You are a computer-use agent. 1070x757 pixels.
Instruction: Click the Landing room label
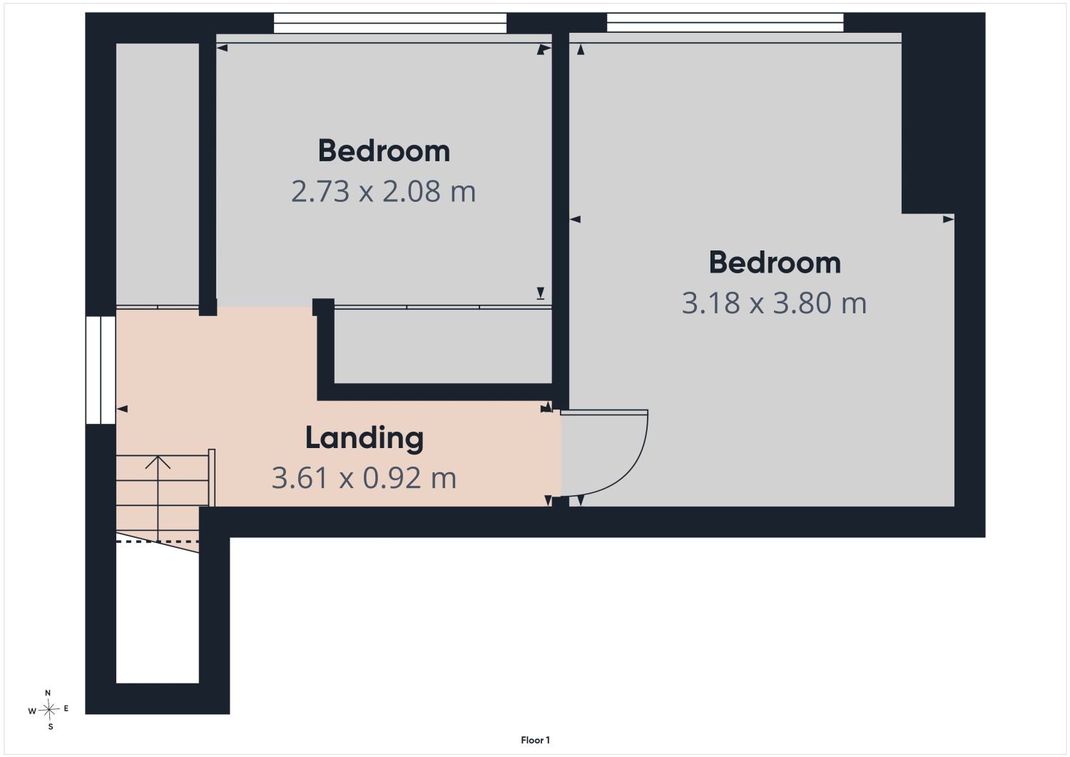point(364,438)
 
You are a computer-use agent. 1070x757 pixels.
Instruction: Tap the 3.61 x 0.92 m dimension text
point(364,478)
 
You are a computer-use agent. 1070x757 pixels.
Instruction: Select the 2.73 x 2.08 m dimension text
point(384,191)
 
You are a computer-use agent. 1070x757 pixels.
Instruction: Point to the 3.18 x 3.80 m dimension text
point(774,303)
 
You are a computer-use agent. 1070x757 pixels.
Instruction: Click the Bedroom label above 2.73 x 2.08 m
point(384,151)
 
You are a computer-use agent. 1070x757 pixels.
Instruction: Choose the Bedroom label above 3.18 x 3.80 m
point(774,263)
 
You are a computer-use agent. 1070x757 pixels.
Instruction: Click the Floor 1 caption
point(535,741)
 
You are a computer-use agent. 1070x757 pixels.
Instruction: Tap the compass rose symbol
point(49,710)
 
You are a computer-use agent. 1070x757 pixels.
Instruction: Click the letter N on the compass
point(48,693)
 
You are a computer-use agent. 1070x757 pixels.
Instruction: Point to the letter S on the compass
point(50,727)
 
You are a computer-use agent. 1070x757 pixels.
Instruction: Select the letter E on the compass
point(66,708)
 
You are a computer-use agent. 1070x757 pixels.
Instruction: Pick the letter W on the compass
point(32,711)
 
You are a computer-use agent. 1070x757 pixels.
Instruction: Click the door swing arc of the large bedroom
point(631,473)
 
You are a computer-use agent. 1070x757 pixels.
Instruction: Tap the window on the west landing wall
point(101,370)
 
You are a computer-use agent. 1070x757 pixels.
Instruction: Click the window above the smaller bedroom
point(389,24)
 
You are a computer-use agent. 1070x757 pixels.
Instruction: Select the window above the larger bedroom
point(725,22)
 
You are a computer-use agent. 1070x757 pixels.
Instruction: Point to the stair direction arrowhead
point(158,462)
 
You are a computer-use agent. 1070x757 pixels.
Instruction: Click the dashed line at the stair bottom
point(158,542)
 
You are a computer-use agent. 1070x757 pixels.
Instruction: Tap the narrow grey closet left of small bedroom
point(158,174)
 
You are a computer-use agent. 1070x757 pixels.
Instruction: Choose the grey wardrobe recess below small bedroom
point(443,346)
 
